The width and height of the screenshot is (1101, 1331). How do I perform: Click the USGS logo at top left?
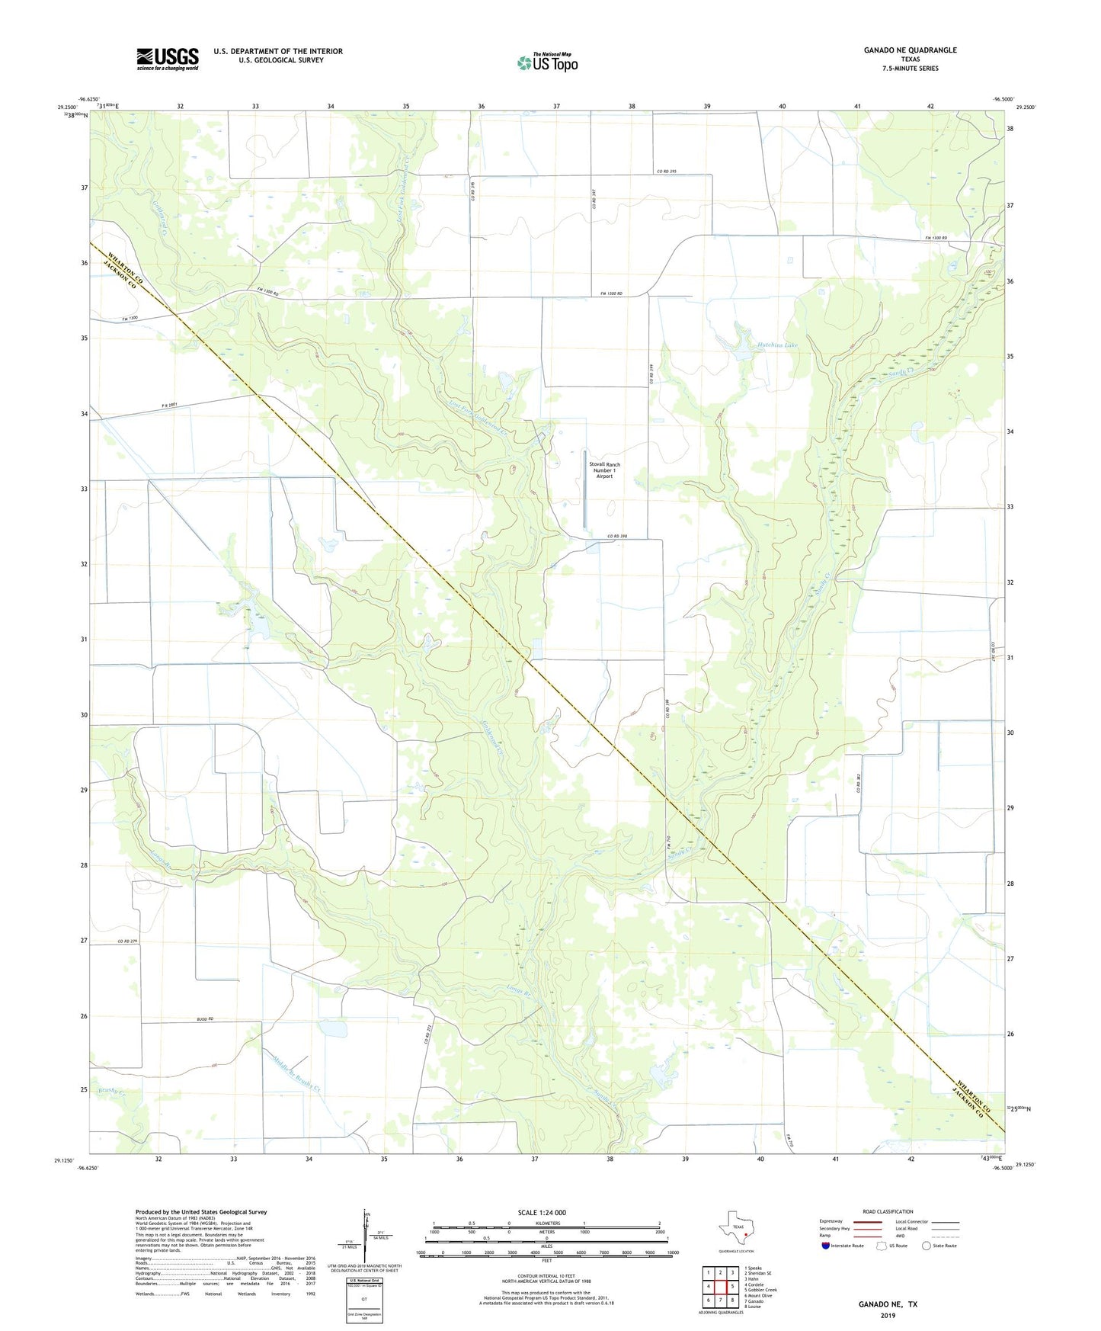tap(168, 59)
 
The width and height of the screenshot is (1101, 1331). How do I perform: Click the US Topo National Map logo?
tap(548, 62)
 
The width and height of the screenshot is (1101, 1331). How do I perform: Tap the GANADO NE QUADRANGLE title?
tap(910, 50)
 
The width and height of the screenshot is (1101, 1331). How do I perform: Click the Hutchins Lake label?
tap(777, 345)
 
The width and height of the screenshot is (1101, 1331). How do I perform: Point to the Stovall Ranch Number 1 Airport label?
tap(604, 470)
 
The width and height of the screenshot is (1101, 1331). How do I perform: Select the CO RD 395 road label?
tap(666, 172)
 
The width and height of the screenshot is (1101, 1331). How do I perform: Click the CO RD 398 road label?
tap(617, 537)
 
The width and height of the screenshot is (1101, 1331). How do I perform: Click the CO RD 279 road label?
tap(127, 941)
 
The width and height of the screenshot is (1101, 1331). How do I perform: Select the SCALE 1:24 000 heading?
tap(542, 1212)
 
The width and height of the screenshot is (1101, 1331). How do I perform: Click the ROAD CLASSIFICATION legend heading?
tap(888, 1211)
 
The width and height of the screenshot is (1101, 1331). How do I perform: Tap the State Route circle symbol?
tap(927, 1246)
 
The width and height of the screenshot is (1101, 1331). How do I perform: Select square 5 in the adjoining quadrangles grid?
tap(731, 1286)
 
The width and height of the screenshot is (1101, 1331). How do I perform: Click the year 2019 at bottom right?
tap(888, 1315)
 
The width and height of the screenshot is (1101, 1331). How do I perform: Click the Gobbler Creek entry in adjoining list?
tap(762, 1290)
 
